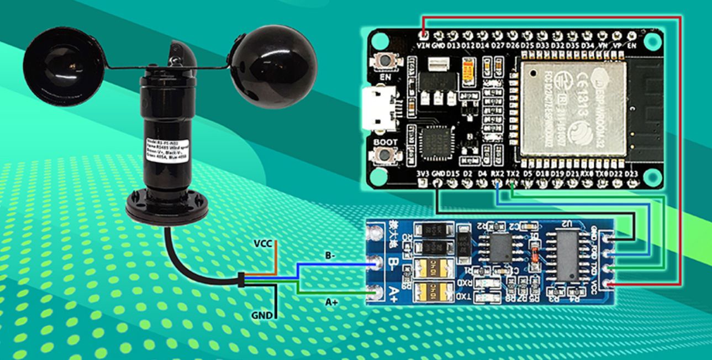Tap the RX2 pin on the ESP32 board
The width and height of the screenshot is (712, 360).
click(497, 183)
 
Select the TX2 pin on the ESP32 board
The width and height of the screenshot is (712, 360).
click(513, 183)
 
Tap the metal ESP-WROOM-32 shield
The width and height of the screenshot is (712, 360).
click(571, 105)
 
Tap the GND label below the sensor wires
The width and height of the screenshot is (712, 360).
click(262, 316)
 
